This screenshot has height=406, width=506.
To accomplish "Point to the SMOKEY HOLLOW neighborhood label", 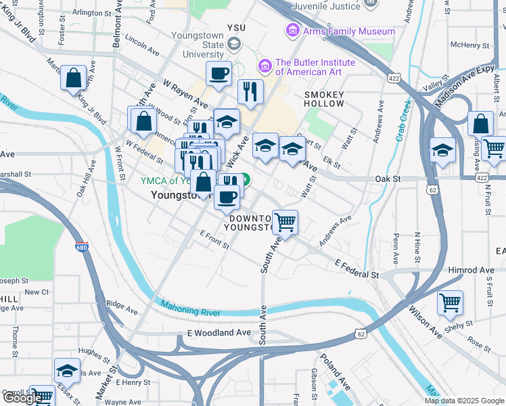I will [324, 99].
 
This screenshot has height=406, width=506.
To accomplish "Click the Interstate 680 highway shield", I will [81, 248].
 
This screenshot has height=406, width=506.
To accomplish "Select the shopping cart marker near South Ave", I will [285, 221].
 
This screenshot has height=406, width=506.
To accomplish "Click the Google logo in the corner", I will [22, 398].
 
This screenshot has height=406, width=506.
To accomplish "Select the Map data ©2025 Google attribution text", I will [464, 401].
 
